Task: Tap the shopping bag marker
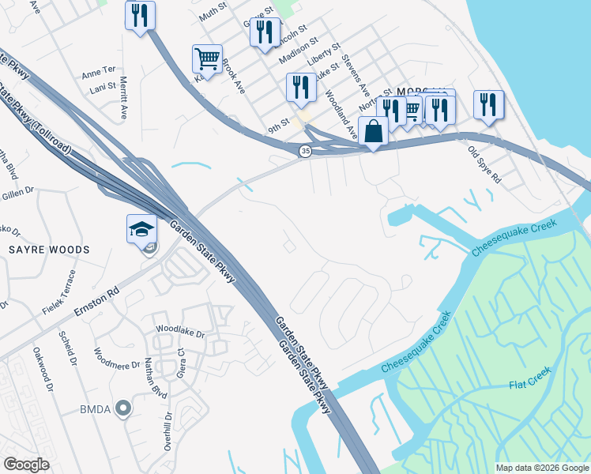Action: point(374,131)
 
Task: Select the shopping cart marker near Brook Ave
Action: point(207,58)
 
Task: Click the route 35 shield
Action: point(305,151)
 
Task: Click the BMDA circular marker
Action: point(122,408)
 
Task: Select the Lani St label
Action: point(103,86)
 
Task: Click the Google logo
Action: point(26,465)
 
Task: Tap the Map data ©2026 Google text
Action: point(542,468)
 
